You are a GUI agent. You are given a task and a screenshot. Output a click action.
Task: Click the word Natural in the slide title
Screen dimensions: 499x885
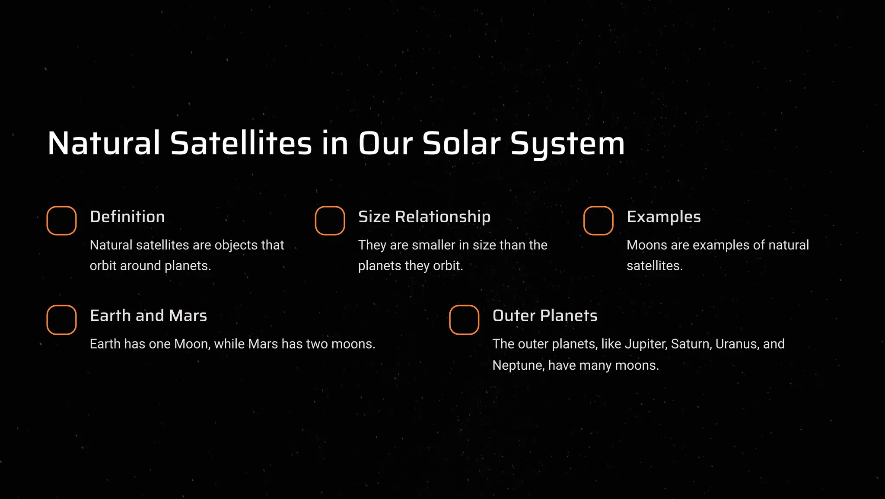[x=104, y=144]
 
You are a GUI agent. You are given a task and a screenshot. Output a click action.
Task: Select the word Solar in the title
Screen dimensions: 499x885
[x=462, y=144]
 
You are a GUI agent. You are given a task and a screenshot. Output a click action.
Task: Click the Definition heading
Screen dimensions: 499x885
[x=127, y=217]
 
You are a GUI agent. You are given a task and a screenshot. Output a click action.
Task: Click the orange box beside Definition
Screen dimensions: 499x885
[x=61, y=221]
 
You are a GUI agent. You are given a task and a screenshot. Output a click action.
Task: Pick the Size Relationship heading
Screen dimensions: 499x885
[x=424, y=217]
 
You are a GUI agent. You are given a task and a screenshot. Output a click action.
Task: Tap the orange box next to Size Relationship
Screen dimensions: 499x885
[x=330, y=221]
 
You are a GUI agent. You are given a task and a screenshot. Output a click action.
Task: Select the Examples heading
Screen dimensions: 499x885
[x=664, y=217]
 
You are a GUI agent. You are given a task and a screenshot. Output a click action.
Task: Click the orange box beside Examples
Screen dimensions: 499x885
[x=598, y=221]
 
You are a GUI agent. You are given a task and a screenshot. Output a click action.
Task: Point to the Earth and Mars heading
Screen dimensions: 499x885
[x=148, y=316]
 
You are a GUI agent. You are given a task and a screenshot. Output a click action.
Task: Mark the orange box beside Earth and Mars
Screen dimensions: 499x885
[x=61, y=320]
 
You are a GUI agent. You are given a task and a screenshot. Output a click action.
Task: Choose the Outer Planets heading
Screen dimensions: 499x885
[x=545, y=316]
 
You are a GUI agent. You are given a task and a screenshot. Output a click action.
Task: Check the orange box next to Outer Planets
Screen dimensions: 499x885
[x=464, y=320]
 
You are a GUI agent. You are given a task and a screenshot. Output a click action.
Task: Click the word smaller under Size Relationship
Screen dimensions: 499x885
[x=433, y=245]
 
